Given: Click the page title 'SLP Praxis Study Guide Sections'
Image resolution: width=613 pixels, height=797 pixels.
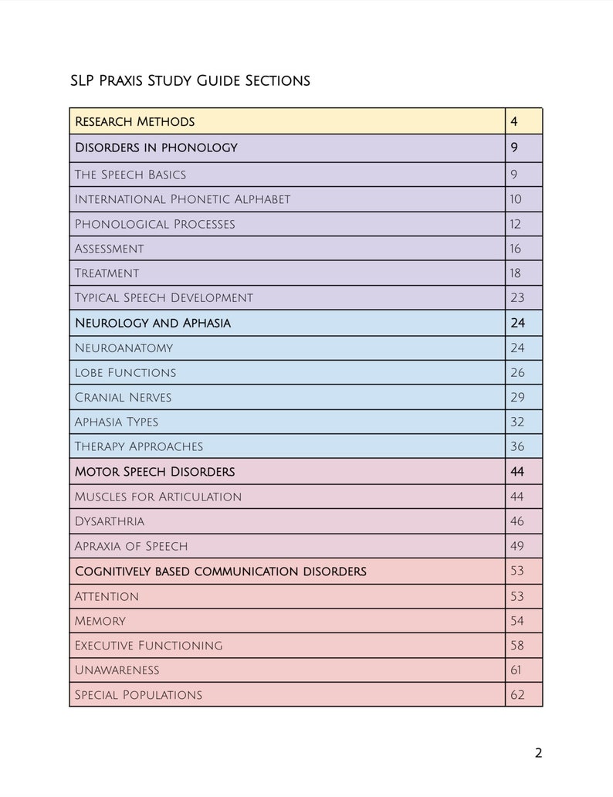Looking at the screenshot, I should pos(190,80).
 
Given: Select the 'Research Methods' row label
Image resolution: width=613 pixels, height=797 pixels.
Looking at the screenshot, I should pos(134,121).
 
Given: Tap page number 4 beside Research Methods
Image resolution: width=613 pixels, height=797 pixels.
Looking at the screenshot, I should pos(514,121).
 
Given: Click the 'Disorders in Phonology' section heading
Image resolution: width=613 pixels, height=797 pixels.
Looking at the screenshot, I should pos(156,148).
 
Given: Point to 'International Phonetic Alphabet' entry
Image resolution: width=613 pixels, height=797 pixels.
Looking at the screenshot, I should pos(182,199).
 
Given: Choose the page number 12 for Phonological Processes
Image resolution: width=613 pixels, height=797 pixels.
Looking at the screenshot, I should pos(516,224).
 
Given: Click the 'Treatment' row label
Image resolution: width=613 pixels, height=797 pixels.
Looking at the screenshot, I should pos(107,273).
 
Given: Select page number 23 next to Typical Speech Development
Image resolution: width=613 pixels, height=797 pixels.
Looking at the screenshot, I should pos(516,297).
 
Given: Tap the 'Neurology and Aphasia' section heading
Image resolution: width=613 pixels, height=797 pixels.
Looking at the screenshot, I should pos(152,323).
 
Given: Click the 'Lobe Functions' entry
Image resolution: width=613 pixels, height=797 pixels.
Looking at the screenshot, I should pos(125,373).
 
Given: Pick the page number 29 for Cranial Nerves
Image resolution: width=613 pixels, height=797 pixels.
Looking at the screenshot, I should pos(516,398).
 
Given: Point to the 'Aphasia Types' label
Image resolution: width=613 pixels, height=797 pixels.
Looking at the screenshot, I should pos(116,422).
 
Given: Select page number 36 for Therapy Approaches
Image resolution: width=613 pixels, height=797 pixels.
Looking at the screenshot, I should pos(516,446).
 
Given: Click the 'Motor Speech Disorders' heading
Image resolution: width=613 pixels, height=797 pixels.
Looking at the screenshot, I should pos(154,471).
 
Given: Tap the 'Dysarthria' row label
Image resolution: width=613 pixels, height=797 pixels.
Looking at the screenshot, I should pos(109,521).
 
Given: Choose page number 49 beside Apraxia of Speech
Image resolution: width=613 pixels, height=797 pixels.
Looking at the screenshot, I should pos(516,546).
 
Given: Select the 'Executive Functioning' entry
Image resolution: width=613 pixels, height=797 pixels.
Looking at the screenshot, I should pos(148,645).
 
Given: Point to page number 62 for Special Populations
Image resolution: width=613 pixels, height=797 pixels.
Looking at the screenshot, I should pos(516,695).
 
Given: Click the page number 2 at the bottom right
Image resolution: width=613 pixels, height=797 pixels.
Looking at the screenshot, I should pos(538,753).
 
